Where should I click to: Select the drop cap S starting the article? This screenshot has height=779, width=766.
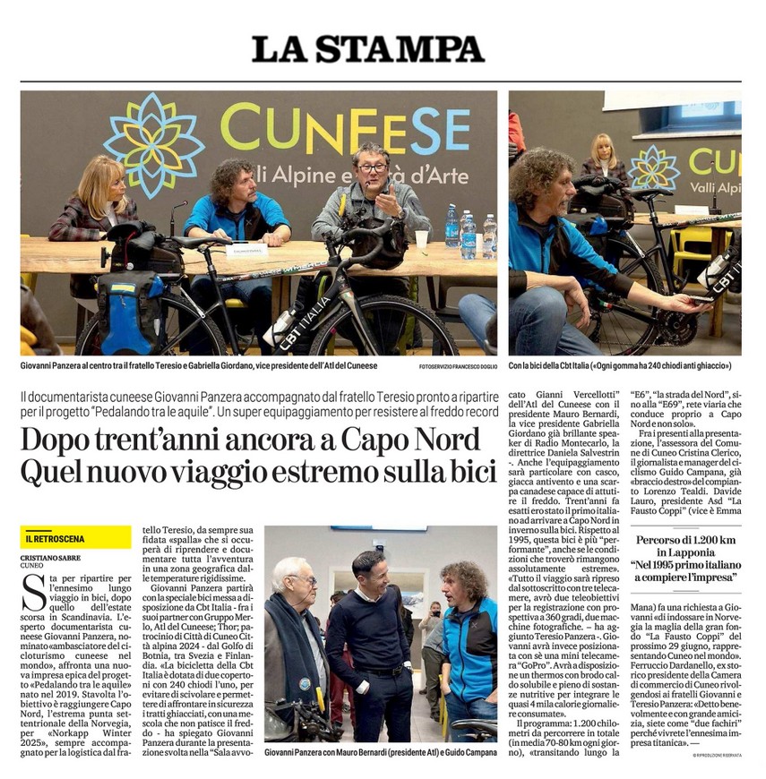tap(32, 590)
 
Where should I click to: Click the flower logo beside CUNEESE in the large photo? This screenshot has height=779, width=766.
tap(154, 144)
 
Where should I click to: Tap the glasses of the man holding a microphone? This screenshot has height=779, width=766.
tap(372, 167)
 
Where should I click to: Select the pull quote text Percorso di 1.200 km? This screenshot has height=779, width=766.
tap(685, 540)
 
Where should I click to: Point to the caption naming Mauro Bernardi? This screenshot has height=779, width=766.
tap(380, 754)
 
